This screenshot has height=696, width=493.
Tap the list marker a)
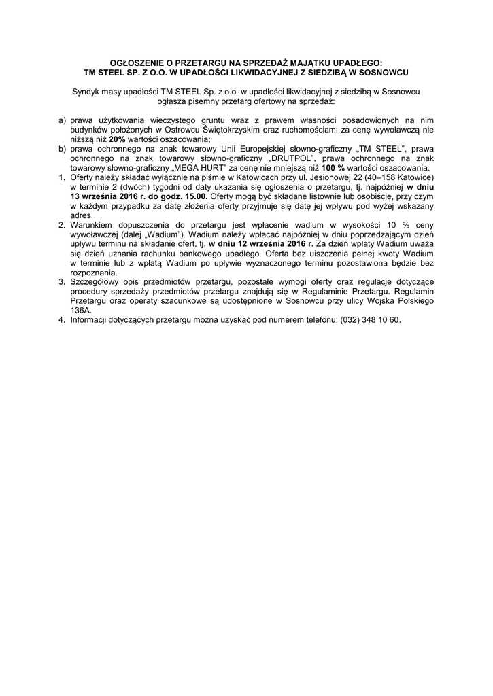point(62,119)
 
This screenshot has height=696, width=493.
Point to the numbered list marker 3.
point(62,281)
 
